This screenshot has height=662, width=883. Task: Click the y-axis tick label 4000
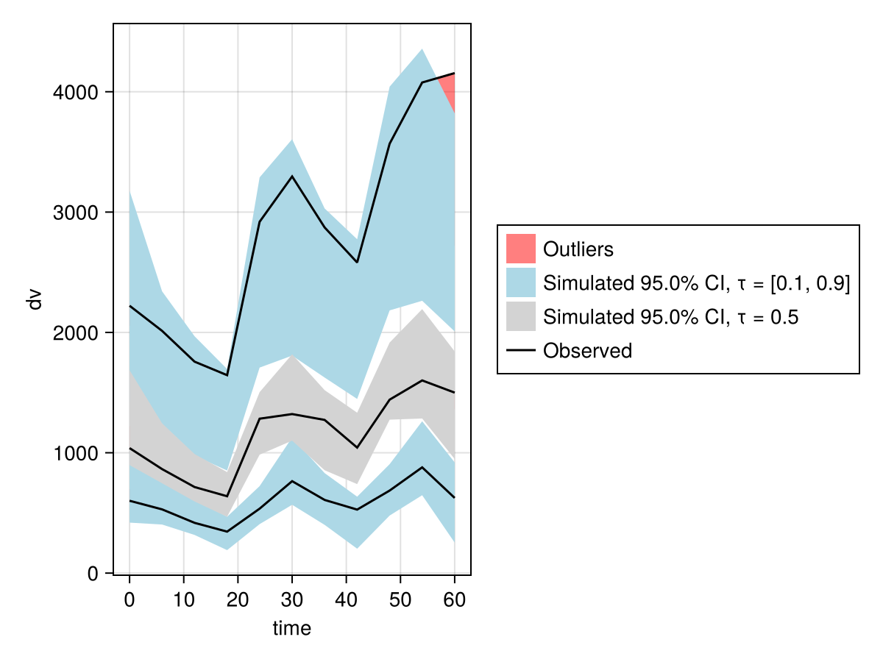76,93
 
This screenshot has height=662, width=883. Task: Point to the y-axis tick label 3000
76,213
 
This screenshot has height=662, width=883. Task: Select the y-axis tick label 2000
76,333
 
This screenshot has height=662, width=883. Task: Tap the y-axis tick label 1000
76,453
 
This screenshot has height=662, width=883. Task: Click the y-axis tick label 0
93,574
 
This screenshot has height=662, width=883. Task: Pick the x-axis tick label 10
184,600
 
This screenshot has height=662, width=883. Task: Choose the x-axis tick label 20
238,600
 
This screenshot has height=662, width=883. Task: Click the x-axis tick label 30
292,600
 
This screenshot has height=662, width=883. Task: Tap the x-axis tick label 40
347,600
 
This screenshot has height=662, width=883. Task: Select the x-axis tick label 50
400,600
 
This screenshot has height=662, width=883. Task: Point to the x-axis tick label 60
455,600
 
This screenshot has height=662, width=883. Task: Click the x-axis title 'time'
292,628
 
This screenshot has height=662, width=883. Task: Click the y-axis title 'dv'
35,299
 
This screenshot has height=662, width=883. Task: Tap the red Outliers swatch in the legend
521,249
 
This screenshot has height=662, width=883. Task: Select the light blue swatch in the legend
521,282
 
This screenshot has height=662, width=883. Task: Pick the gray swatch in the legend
521,316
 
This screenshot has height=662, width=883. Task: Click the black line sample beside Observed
521,351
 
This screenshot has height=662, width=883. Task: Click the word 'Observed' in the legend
588,351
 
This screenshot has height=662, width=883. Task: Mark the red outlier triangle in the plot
450,88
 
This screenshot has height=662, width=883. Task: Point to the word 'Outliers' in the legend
578,249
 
